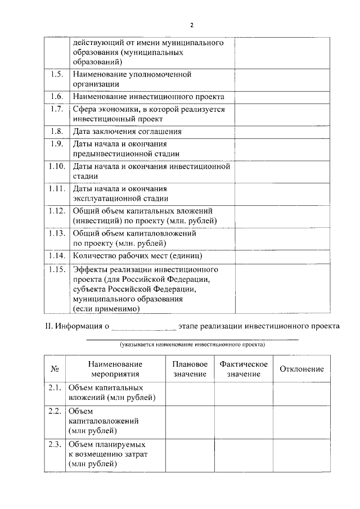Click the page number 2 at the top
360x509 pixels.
point(191,25)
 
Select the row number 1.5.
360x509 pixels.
point(56,74)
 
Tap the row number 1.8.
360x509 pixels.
point(56,132)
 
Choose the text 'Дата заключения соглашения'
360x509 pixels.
point(127,132)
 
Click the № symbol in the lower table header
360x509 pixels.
point(55,369)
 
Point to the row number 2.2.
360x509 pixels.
point(55,411)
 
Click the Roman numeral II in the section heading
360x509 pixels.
point(48,326)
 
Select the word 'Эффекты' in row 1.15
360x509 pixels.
point(89,269)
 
